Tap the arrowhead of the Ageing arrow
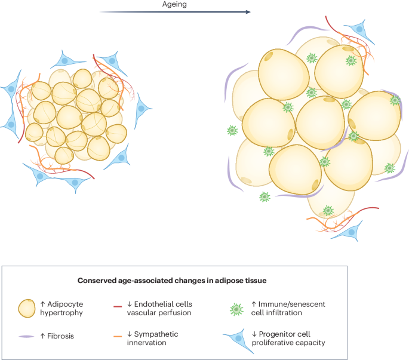pyautogui.click(x=247, y=11)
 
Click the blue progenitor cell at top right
pyautogui.click(x=358, y=27)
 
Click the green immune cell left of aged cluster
pyautogui.click(x=231, y=130)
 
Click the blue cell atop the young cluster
pyautogui.click(x=67, y=59)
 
